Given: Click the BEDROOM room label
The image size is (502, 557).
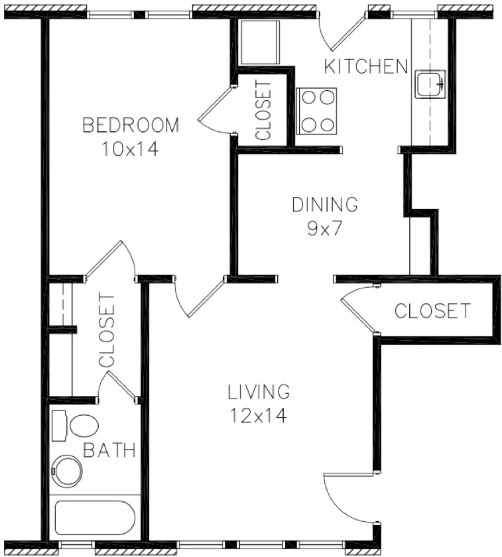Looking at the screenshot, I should click(x=131, y=125).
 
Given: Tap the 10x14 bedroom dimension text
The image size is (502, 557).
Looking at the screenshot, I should click(x=131, y=149).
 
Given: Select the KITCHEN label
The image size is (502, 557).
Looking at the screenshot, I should click(x=365, y=66).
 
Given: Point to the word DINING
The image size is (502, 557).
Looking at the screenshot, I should click(x=325, y=204).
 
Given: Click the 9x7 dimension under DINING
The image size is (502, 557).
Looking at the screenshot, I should click(x=325, y=229).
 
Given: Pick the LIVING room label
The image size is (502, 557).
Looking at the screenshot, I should click(x=259, y=392).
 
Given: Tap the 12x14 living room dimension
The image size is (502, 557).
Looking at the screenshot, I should click(x=259, y=416).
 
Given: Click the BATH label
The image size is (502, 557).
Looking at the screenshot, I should click(x=109, y=451).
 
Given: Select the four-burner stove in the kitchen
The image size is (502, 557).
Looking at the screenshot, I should click(x=317, y=110).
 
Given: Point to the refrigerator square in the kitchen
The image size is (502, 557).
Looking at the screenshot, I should click(x=259, y=42).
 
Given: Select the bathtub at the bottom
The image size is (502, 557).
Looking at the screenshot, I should click(x=95, y=517).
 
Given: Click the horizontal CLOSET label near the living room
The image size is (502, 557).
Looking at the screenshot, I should click(x=432, y=310).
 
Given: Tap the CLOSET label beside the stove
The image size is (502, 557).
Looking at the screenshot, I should click(x=263, y=110).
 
